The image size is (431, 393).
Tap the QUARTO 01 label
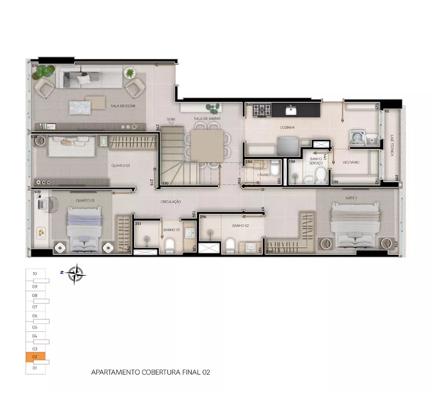[x=121, y=165]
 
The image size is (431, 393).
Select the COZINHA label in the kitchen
[x=287, y=128]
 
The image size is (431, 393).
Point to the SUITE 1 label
[x=353, y=197]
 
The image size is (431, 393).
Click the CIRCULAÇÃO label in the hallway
[x=170, y=202]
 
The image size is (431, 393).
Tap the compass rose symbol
[x=76, y=274]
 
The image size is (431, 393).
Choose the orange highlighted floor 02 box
[x=35, y=357]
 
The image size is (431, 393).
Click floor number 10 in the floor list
[x=35, y=274]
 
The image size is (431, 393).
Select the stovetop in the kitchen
[x=262, y=111]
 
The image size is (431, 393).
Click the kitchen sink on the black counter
[x=291, y=111]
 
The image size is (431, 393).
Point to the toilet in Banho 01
[x=169, y=246]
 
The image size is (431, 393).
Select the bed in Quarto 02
[x=85, y=229]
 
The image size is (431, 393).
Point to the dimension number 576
[x=35, y=65]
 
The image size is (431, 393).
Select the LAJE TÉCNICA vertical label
[x=392, y=145]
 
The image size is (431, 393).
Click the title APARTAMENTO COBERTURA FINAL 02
[x=150, y=371]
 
